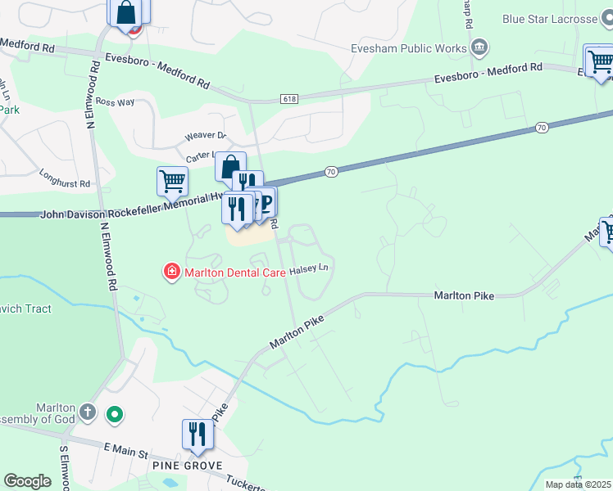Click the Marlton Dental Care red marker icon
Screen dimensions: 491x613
tap(172, 272)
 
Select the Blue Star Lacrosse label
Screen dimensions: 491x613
tap(549, 20)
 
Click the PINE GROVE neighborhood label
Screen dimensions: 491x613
tap(187, 466)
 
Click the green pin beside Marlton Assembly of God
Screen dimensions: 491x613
tap(115, 415)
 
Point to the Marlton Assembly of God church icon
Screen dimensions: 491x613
tap(89, 412)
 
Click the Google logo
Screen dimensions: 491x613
tap(27, 481)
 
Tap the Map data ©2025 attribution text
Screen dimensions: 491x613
tap(578, 484)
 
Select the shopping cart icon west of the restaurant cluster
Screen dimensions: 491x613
tap(172, 181)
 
